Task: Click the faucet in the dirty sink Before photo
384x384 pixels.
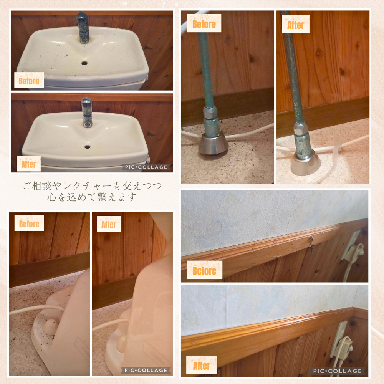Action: (x=83, y=27)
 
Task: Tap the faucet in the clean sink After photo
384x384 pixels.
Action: (x=87, y=113)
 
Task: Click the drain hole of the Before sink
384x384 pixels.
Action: (x=84, y=63)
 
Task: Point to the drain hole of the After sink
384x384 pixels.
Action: (x=88, y=147)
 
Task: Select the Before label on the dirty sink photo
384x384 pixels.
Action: (x=29, y=80)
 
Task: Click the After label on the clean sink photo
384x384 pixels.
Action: (x=29, y=164)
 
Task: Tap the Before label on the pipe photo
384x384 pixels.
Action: (x=204, y=23)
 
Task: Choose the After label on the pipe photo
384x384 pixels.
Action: (x=296, y=24)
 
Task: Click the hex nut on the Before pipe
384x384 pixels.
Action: (x=210, y=111)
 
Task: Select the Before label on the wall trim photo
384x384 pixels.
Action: (x=205, y=270)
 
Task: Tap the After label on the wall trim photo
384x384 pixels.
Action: (x=202, y=365)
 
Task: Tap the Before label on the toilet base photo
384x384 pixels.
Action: (x=29, y=223)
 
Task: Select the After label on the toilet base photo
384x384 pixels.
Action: (x=109, y=224)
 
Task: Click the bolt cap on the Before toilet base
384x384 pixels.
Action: (x=51, y=327)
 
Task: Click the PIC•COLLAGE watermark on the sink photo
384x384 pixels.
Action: (x=146, y=167)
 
